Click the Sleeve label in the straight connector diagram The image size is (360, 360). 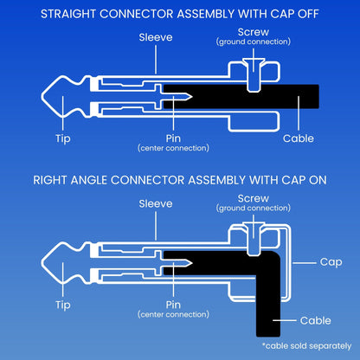click(x=156, y=37)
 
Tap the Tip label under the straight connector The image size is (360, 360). click(x=63, y=139)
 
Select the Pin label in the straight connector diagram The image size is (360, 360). click(x=173, y=138)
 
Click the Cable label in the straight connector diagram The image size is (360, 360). click(x=299, y=138)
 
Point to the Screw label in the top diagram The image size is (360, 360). click(x=254, y=32)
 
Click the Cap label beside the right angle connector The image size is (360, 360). click(x=331, y=262)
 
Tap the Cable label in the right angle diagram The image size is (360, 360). click(x=315, y=320)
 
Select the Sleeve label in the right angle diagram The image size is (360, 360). click(x=156, y=204)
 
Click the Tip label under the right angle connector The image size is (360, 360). click(x=63, y=305)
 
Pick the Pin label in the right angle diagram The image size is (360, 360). click(x=173, y=305)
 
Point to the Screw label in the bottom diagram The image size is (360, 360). click(x=254, y=198)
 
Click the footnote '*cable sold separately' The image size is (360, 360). click(x=306, y=346)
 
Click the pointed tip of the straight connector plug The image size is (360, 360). click(x=42, y=97)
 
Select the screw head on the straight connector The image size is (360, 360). click(x=254, y=61)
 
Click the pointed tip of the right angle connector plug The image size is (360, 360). click(x=42, y=263)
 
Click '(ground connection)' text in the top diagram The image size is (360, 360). click(x=254, y=42)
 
